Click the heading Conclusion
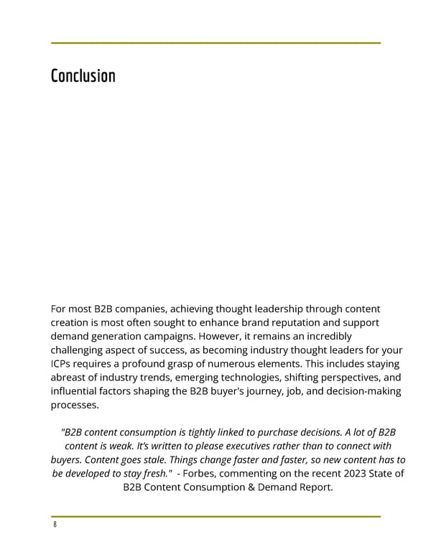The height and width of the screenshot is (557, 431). pyautogui.click(x=83, y=76)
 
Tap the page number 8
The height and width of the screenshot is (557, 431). pyautogui.click(x=54, y=525)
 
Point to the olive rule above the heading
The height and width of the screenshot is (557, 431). pyautogui.click(x=215, y=43)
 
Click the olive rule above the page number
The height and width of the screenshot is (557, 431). pyautogui.click(x=215, y=516)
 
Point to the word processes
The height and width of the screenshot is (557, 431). pyautogui.click(x=75, y=406)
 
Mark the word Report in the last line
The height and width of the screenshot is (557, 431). pyautogui.click(x=314, y=488)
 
